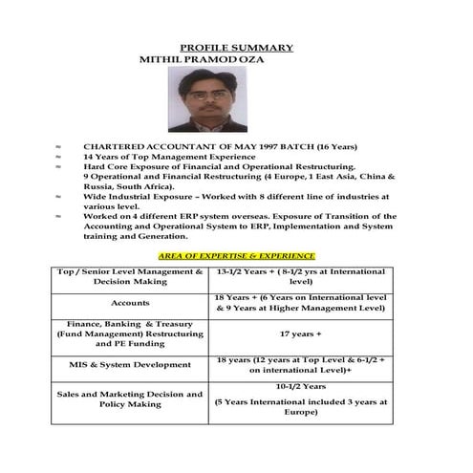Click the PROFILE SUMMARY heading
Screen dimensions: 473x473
point(236,48)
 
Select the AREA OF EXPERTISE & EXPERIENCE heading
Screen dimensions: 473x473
point(236,256)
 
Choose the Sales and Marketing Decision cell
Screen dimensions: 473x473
point(130,398)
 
